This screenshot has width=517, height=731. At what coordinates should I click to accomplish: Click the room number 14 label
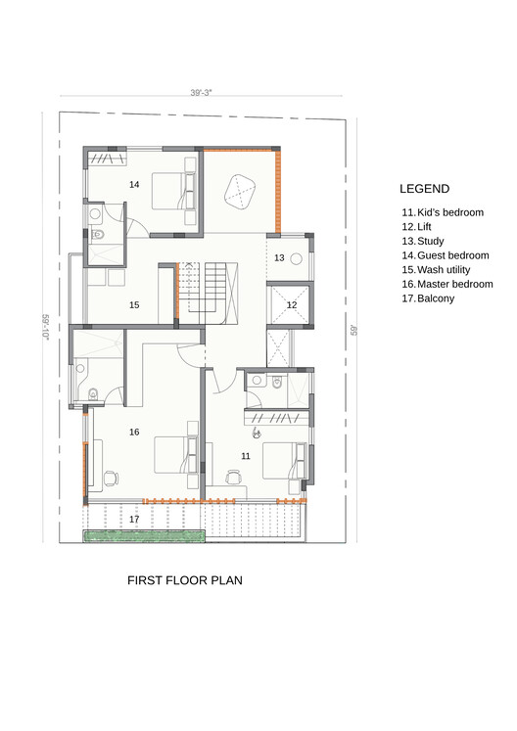pyautogui.click(x=134, y=185)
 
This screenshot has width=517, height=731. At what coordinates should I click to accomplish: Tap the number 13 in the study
pyautogui.click(x=279, y=257)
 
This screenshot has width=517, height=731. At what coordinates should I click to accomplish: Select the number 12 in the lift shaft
pyautogui.click(x=292, y=305)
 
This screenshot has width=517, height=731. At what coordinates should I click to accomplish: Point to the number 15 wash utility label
pyautogui.click(x=134, y=305)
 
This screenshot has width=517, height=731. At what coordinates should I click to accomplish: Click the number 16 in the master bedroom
pyautogui.click(x=134, y=433)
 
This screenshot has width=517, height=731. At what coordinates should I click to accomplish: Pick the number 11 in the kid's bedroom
pyautogui.click(x=246, y=456)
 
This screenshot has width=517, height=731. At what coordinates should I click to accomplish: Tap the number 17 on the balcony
pyautogui.click(x=134, y=520)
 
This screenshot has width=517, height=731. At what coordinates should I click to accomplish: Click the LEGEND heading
pyautogui.click(x=424, y=189)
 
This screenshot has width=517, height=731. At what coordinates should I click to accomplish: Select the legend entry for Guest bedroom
pyautogui.click(x=446, y=255)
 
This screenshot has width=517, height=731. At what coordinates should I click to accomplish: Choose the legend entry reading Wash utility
pyautogui.click(x=436, y=270)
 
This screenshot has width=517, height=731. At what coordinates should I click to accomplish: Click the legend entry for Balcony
pyautogui.click(x=428, y=298)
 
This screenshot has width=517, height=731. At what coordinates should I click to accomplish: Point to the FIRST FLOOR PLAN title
pyautogui.click(x=185, y=580)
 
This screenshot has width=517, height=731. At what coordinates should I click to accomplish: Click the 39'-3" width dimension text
pyautogui.click(x=201, y=92)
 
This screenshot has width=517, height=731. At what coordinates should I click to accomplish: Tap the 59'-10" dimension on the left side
pyautogui.click(x=46, y=327)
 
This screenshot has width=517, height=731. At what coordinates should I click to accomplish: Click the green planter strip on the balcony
pyautogui.click(x=144, y=536)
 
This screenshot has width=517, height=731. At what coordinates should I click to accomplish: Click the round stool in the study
pyautogui.click(x=297, y=259)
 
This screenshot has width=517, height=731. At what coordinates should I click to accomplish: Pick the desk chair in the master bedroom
pyautogui.click(x=111, y=479)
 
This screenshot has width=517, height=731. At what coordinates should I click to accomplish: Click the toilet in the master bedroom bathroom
pyautogui.click(x=92, y=394)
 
